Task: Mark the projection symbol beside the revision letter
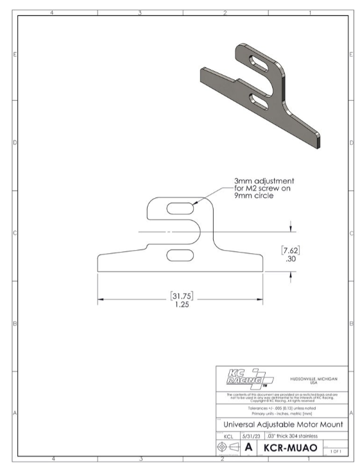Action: click(x=229, y=446)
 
